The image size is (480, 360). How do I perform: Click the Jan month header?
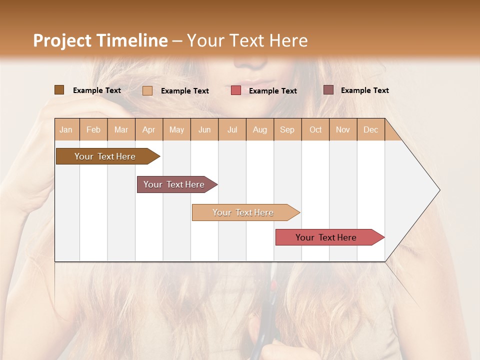point(66,129)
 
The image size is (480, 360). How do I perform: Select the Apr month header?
point(148,129)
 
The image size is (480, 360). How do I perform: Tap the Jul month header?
point(232,129)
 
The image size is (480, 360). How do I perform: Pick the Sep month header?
point(287,129)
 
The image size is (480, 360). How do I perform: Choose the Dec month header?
point(370,129)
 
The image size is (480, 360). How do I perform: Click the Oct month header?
point(315,129)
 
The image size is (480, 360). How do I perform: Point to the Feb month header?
point(93,129)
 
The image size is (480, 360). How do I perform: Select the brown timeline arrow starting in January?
point(105,156)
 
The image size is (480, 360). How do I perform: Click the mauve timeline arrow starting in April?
point(174,184)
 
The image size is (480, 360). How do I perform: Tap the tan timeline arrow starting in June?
point(243,212)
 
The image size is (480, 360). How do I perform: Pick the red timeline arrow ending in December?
point(326,237)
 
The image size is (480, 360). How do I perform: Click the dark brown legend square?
point(59,90)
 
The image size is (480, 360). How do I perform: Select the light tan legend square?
point(147,90)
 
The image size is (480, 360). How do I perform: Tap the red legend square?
point(235,90)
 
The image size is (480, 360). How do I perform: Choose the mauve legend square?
point(328,90)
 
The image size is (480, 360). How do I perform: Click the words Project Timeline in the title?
point(100,40)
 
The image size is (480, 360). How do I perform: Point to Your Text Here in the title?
point(247,40)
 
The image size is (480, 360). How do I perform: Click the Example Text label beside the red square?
point(272,90)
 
